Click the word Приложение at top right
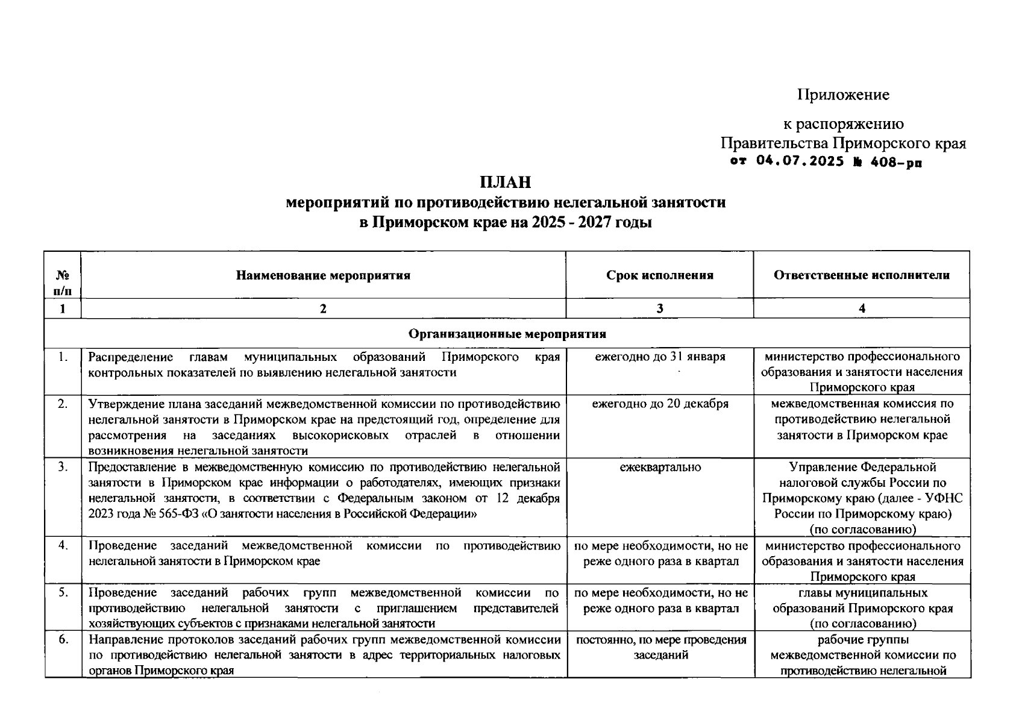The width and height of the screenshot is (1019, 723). point(843,95)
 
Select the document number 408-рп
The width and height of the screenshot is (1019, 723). point(896,162)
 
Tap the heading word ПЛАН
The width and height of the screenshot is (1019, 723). point(505,182)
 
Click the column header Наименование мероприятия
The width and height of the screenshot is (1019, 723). point(323,275)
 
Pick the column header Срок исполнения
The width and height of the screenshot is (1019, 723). point(659,275)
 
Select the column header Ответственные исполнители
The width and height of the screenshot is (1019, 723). point(861,275)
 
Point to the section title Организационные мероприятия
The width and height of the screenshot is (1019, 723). point(507,333)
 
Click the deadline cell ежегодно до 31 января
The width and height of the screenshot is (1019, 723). point(659,357)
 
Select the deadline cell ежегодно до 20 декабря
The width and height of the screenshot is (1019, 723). point(659,404)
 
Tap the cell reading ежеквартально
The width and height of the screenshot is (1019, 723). point(659,467)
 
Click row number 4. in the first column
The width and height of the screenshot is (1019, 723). point(63,545)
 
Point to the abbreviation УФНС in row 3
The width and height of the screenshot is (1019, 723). point(946,498)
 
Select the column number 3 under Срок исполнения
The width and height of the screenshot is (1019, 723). point(659,308)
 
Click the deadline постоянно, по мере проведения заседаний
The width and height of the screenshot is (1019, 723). point(660,647)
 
